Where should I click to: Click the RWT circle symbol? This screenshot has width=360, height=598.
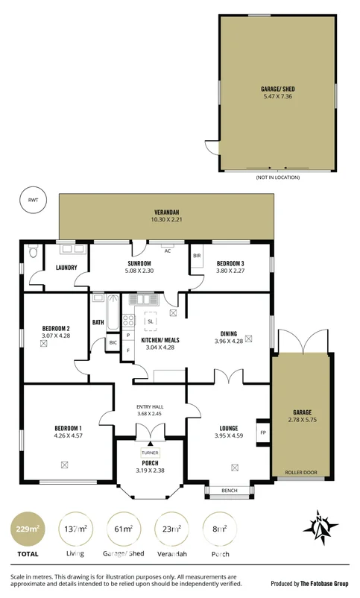[x=32, y=200]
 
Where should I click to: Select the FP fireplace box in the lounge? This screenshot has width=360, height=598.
[x=262, y=431]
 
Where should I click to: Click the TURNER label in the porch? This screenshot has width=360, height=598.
[x=150, y=452]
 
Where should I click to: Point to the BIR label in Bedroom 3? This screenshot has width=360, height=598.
[x=197, y=256]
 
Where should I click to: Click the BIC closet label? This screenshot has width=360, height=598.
[x=113, y=342]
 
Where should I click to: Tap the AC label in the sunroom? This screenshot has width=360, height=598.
[x=168, y=251]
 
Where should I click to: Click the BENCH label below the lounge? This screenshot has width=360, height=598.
[x=230, y=491]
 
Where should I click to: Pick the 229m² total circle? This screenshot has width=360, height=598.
[x=28, y=529]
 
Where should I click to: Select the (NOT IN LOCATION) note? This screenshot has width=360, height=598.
[x=277, y=177]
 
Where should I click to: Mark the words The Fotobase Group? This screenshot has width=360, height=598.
[x=325, y=583]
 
